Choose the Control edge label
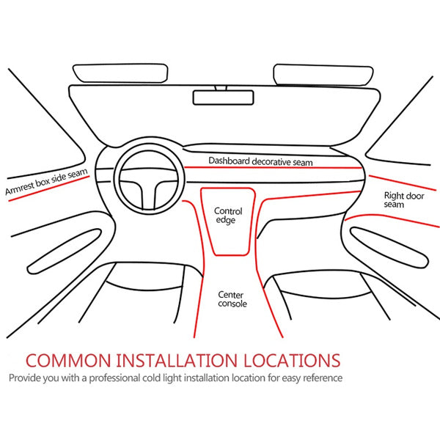click(x=228, y=216)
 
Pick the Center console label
click(x=232, y=299)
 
